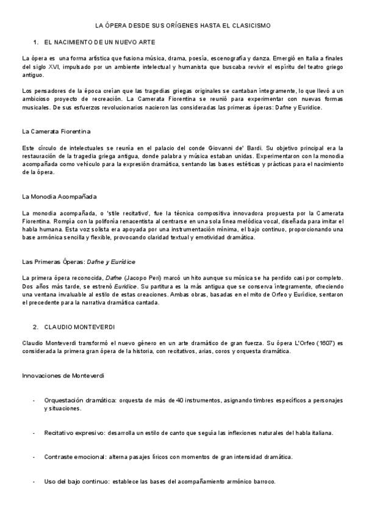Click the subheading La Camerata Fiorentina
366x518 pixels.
[56, 131]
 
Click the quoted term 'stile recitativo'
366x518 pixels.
[121, 213]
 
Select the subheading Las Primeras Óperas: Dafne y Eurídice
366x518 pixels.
[78, 261]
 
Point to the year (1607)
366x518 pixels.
[326, 343]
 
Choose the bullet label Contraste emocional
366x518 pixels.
[73, 456]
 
